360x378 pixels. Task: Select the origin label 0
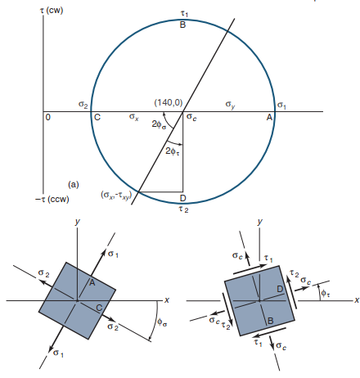tap(48, 118)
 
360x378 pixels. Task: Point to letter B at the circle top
tap(182, 25)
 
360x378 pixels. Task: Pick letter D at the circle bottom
tap(182, 199)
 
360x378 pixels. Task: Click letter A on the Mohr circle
tap(270, 118)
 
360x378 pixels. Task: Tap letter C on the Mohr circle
tap(97, 118)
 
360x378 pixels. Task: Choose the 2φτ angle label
tap(173, 151)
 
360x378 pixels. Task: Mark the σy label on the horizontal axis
tap(231, 104)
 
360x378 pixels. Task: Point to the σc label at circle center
tap(191, 118)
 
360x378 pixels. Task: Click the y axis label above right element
tap(259, 222)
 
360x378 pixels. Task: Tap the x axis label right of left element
tap(166, 299)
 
